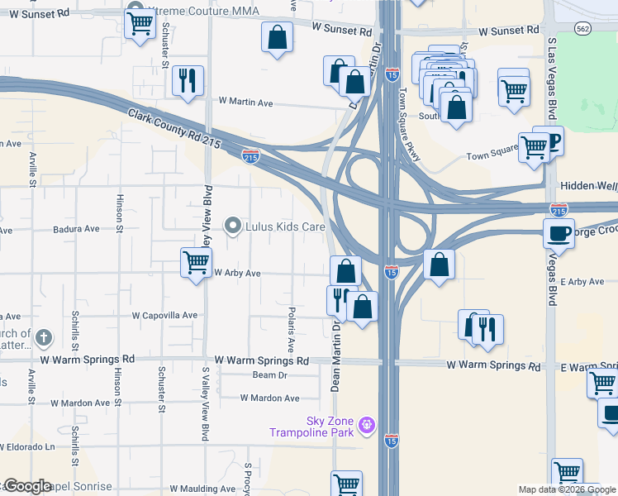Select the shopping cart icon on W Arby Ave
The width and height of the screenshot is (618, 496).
point(196,264)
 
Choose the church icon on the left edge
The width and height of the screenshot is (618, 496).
point(45,337)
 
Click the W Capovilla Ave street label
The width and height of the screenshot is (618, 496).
point(165,315)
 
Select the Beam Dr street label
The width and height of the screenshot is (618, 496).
point(269,374)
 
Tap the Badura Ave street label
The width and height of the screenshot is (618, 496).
point(76,229)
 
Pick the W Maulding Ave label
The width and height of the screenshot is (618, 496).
point(202,489)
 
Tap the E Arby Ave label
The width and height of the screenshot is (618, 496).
point(582,282)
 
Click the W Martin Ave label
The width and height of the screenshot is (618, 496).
point(245,102)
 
